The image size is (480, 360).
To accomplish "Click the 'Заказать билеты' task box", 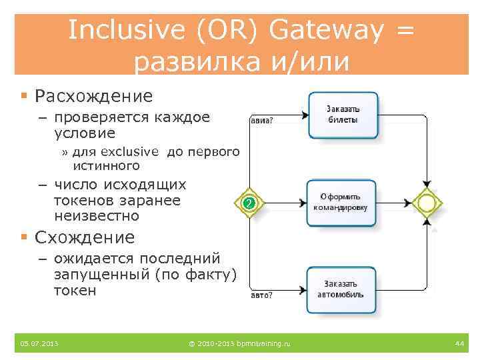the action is point(343,115).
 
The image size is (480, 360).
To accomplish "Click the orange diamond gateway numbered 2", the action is point(248,203).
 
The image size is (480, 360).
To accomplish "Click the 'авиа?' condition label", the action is point(265,121).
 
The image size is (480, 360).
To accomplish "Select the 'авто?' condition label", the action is point(265,293).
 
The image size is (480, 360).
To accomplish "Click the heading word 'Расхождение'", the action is point(93,96).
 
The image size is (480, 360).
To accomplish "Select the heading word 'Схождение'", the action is point(85,237).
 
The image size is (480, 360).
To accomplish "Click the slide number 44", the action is point(459,343).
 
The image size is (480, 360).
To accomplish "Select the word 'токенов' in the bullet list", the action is point(83,201).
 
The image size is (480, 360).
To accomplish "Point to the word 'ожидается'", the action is point(100,259).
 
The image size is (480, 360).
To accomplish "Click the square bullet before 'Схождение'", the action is point(23,237).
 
